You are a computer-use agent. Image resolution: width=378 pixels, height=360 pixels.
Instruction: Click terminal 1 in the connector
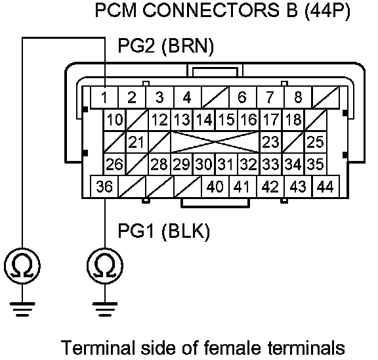[104, 97]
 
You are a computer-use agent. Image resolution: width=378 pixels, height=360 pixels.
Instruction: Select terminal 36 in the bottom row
[104, 187]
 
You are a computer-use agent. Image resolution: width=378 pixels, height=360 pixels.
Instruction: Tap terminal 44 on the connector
[325, 187]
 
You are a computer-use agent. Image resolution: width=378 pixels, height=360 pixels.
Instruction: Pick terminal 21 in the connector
[137, 142]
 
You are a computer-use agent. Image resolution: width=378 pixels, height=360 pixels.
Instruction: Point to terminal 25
[316, 142]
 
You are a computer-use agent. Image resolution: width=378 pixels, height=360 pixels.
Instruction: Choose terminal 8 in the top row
[298, 97]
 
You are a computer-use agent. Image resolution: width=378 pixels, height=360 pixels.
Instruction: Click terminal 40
[215, 187]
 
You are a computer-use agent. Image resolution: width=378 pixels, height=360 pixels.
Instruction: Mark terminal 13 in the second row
[182, 120]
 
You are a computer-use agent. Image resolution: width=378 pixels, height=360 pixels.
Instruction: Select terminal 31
[226, 164]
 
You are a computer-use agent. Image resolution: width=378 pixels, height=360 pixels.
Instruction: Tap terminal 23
[271, 142]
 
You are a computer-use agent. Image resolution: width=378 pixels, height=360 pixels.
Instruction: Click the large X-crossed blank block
[215, 142]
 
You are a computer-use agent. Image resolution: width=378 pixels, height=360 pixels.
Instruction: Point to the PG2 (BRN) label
[166, 46]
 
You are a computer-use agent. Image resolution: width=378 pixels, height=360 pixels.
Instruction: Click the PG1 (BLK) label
[164, 231]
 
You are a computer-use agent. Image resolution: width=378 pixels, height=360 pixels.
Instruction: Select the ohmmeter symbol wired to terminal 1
[22, 266]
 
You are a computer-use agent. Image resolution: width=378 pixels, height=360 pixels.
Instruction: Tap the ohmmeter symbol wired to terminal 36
[105, 266]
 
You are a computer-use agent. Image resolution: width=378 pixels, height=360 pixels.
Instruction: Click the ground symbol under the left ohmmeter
[22, 309]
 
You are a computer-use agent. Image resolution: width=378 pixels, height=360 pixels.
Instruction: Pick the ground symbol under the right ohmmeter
[105, 309]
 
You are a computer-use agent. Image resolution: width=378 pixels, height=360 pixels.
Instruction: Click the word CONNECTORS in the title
[209, 11]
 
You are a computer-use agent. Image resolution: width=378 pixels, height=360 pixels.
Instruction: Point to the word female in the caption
[232, 348]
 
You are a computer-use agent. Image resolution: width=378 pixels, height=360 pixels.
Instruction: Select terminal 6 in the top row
[243, 97]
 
